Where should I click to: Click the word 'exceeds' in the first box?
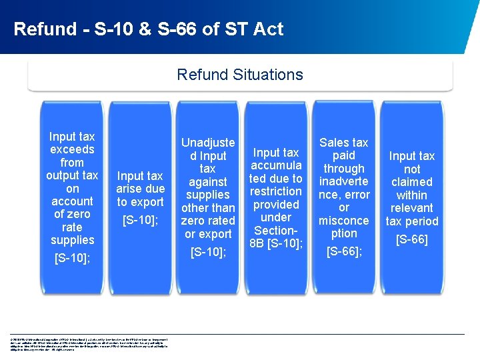[72, 149]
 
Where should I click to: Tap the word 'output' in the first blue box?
[63, 175]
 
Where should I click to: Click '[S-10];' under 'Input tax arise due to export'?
[140, 219]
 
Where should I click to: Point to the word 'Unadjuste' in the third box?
[208, 142]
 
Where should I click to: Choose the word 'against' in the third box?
[208, 181]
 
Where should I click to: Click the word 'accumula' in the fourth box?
[276, 165]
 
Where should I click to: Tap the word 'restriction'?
[276, 191]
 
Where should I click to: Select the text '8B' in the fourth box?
[257, 243]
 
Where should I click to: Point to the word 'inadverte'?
[344, 181]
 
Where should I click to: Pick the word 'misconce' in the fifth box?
[344, 221]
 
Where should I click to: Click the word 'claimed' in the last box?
[412, 182]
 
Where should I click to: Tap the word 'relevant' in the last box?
[412, 208]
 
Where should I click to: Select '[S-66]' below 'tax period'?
[412, 239]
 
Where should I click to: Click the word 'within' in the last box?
[412, 195]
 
